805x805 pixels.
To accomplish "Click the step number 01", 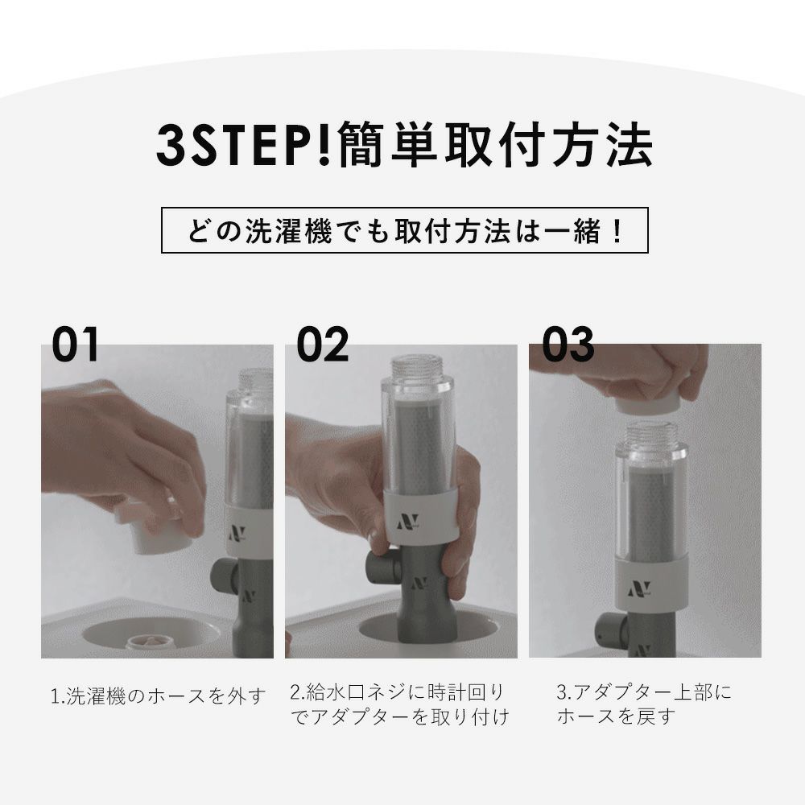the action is tap(75, 344).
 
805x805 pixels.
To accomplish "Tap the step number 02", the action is tap(323, 344).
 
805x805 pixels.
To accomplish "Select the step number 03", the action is tap(568, 344).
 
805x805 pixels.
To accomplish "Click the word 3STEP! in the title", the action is tap(245, 145).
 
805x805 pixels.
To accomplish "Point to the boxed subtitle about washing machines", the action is tap(405, 230).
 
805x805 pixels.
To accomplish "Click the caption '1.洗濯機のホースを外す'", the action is tap(159, 696).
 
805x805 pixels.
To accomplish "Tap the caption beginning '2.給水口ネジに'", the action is tap(399, 704).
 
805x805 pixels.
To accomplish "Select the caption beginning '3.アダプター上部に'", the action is tap(644, 704).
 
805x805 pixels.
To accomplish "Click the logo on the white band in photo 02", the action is tap(408, 522).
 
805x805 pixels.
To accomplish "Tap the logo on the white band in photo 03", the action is tap(639, 589).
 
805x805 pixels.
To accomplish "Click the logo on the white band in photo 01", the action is tap(237, 533).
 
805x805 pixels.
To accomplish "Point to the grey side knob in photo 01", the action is tap(223, 575).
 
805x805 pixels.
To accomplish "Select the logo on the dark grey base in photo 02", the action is tap(420, 584).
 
